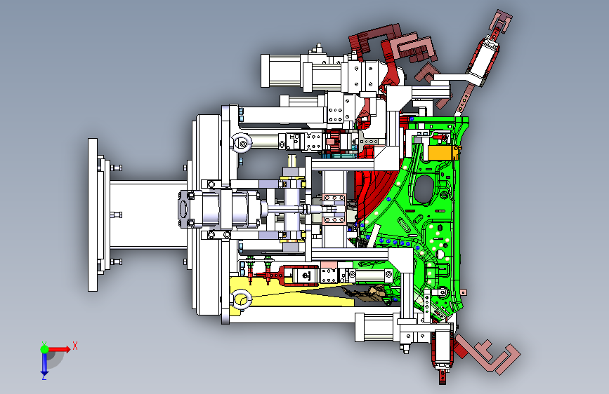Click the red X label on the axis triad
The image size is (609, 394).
point(75,346)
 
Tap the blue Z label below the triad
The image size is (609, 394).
point(44,376)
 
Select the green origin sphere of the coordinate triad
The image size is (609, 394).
point(45,349)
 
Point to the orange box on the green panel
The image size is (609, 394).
point(440,152)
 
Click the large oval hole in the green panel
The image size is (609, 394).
point(424,189)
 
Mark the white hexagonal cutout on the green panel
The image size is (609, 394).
point(440,254)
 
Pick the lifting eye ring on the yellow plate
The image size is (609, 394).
point(241,299)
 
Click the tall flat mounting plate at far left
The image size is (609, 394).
point(93,215)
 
